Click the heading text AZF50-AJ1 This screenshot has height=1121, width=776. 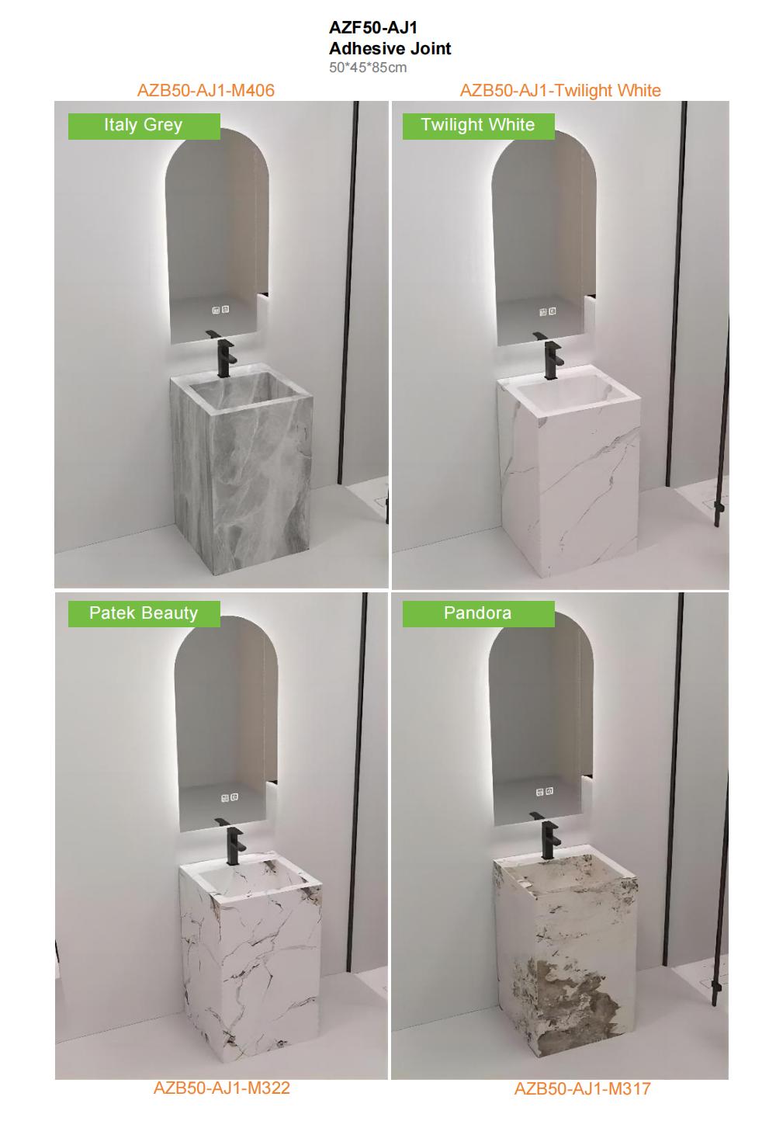click(x=373, y=28)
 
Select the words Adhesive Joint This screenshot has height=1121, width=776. click(x=390, y=48)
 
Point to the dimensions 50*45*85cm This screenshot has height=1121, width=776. click(x=367, y=68)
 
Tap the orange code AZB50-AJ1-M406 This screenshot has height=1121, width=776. click(x=206, y=90)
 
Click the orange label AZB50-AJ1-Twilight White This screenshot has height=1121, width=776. click(x=560, y=90)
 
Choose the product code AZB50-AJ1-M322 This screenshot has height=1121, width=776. click(x=221, y=1088)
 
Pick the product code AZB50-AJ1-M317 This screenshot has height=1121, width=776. click(x=582, y=1088)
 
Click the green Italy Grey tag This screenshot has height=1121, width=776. click(x=144, y=126)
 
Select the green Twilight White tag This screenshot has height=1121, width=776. click(x=478, y=126)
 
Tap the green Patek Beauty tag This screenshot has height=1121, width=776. click(x=144, y=613)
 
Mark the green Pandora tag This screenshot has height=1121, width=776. click(x=478, y=613)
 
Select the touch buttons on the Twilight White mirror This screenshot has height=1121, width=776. click(x=548, y=312)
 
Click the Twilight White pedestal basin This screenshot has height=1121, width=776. click(x=568, y=474)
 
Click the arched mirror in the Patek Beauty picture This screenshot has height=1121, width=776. click(x=226, y=722)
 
